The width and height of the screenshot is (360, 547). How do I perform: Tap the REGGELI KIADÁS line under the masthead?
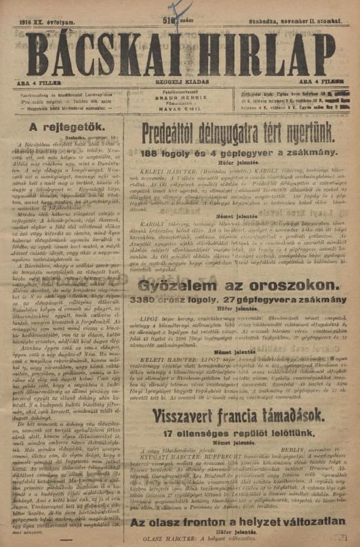[x=180, y=80]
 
